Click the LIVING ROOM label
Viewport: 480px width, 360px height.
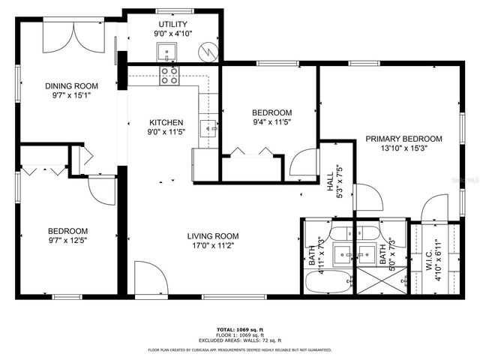pyautogui.click(x=213, y=236)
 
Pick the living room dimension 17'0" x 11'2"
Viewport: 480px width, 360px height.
pyautogui.click(x=213, y=246)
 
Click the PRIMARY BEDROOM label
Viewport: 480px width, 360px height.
pyautogui.click(x=403, y=139)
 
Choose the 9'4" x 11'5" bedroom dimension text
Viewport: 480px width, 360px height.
pyautogui.click(x=271, y=122)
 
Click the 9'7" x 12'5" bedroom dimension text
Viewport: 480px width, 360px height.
pyautogui.click(x=68, y=241)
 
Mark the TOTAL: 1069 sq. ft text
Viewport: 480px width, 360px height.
pyautogui.click(x=240, y=329)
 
